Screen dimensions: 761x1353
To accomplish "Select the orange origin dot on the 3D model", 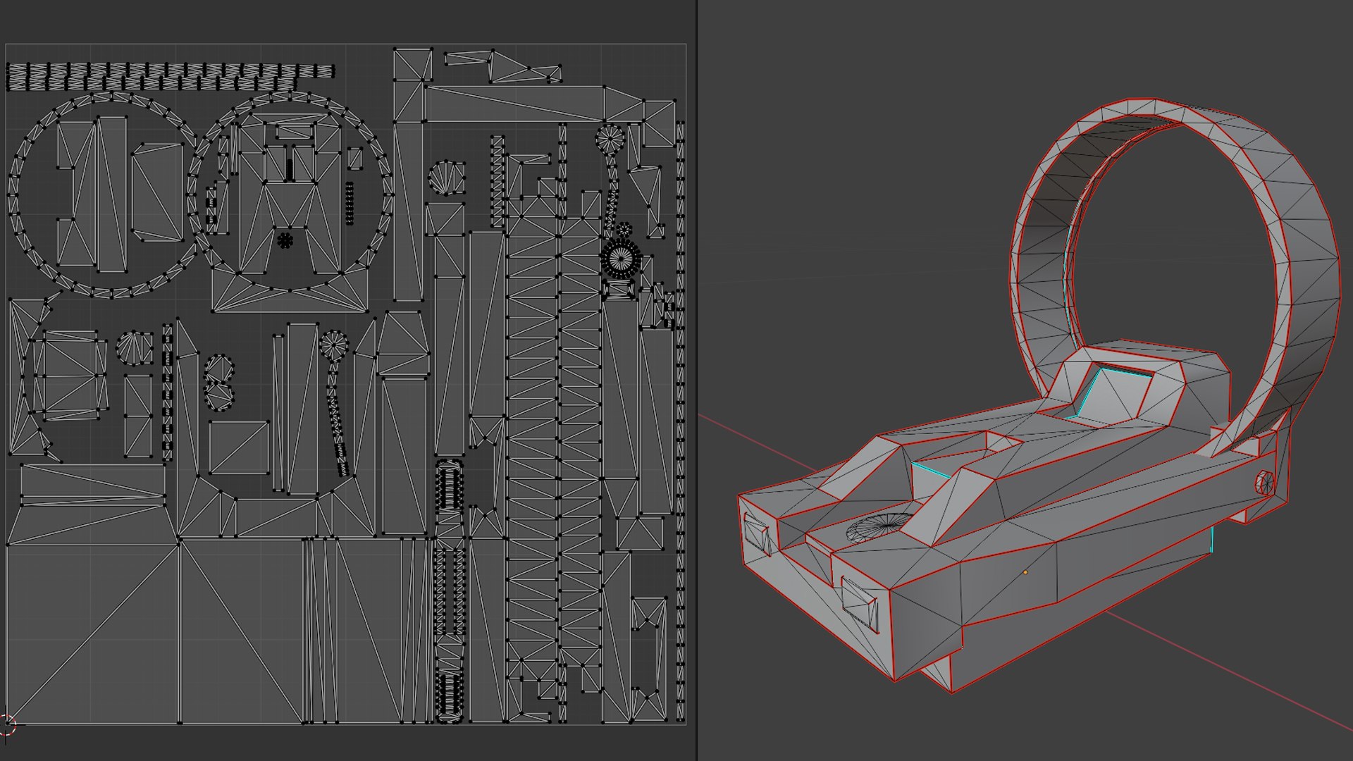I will click(1025, 572).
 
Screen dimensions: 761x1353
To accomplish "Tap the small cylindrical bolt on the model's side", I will click(1265, 483).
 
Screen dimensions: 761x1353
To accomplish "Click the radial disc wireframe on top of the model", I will click(879, 527).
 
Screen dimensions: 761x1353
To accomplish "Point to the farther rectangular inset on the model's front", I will click(756, 533).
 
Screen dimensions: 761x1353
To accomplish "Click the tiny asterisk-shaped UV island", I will click(285, 241).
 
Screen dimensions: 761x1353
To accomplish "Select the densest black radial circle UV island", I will click(622, 259).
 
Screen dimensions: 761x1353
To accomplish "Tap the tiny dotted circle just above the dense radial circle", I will click(624, 230).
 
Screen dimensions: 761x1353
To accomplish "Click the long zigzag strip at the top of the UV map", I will click(169, 76).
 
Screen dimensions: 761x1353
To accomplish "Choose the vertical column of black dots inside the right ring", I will click(350, 204).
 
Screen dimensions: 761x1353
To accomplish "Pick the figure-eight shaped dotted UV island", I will click(218, 383).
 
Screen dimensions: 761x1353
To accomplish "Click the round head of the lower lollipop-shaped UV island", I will click(333, 345).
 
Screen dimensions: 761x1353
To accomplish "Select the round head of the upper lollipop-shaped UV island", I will click(610, 140).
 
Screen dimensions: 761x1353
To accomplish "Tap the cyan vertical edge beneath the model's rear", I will click(1212, 539).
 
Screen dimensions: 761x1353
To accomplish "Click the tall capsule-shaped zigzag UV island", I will click(449, 592).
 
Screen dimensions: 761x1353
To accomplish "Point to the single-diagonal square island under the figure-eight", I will click(239, 448).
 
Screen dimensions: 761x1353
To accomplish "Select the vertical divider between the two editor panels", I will click(697, 380).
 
